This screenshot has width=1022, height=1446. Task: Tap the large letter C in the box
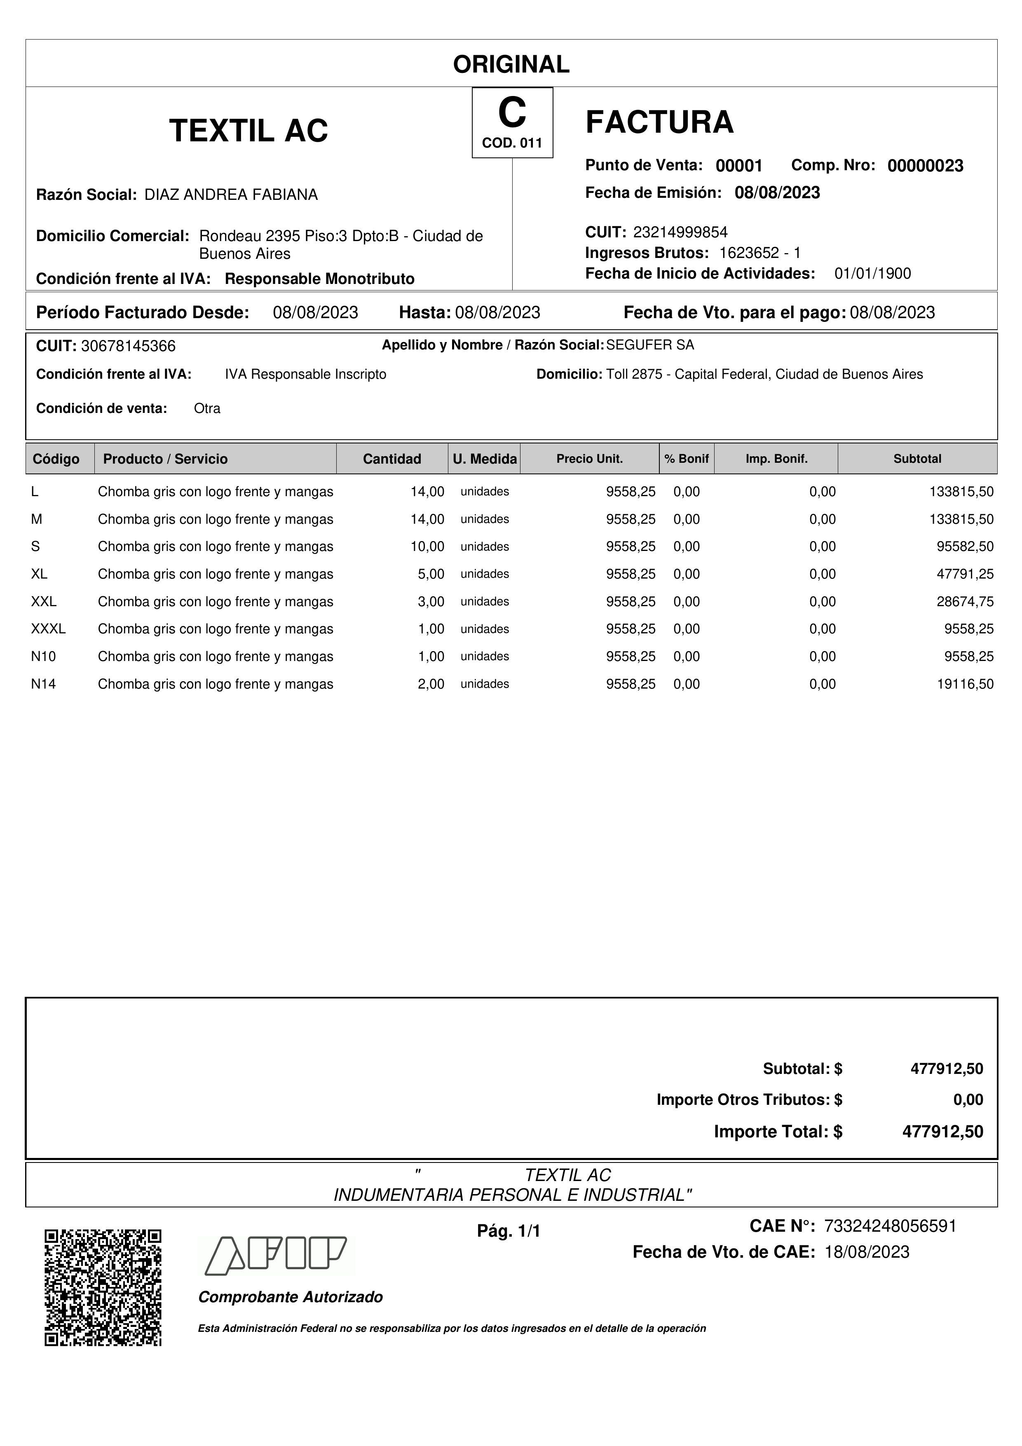coord(512,113)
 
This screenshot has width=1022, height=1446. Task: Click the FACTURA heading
coord(659,122)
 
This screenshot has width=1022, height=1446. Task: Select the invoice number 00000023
coord(925,166)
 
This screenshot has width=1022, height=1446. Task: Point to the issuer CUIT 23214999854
coord(680,232)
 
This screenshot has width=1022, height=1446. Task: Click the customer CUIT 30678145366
coord(129,346)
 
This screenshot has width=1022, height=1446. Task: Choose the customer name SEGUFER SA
coord(650,345)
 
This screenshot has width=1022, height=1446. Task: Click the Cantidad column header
coord(391,459)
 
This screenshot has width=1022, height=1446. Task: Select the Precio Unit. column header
coord(589,459)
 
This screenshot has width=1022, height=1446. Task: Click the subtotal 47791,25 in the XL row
coord(965,574)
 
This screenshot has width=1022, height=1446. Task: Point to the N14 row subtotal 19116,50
coord(965,684)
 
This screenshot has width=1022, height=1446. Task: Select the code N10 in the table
coord(43,656)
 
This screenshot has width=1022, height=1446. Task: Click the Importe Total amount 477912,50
coord(942,1132)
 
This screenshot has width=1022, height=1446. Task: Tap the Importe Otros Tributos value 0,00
coord(968,1099)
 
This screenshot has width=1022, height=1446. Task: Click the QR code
coord(103,1287)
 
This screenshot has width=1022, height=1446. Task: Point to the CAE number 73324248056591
coord(890,1226)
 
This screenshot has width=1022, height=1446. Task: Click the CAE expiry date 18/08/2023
coord(867,1252)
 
